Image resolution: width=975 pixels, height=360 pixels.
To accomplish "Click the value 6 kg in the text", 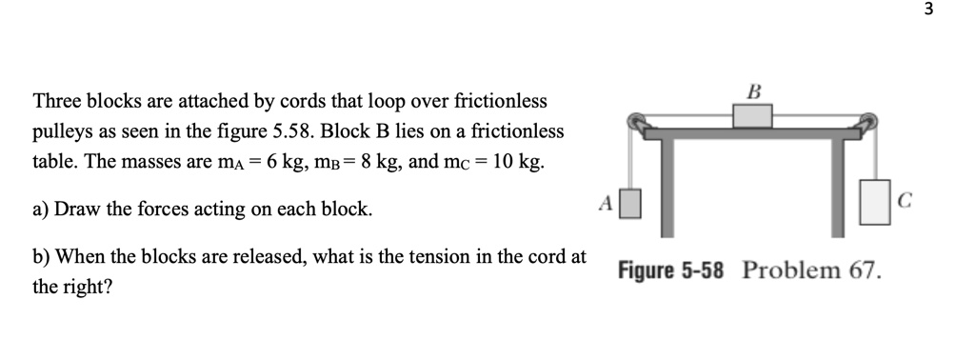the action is tap(283, 162).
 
